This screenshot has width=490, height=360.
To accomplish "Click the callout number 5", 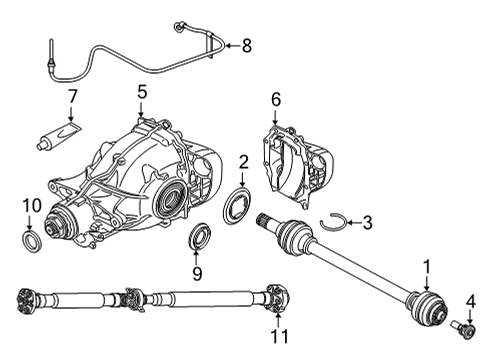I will pos(142,92).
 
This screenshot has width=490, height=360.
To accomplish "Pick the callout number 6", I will pos(277,99).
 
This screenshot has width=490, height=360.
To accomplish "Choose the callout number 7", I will pos(71,97).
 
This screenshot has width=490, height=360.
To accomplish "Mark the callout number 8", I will pos(247,44).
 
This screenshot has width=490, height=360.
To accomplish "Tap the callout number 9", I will pos(197,272).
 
